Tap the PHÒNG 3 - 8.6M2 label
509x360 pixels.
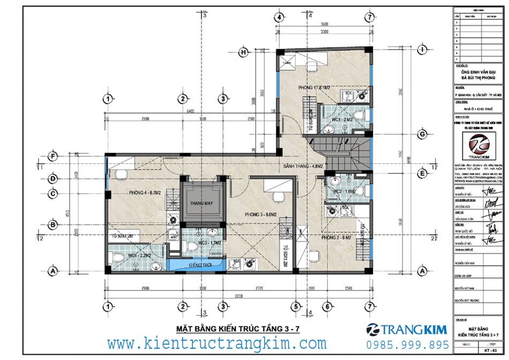(x=260, y=214)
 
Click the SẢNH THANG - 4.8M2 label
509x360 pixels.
(x=303, y=167)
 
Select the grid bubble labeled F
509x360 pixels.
(x=52, y=156)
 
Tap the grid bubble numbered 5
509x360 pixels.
(x=295, y=306)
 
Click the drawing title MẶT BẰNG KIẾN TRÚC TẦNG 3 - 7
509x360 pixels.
(x=238, y=328)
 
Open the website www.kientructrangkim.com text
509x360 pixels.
(x=216, y=343)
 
